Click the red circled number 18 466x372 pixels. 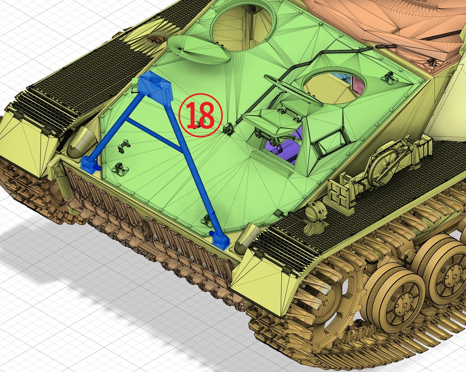(x=201, y=115)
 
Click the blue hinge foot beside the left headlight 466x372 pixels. (x=90, y=165)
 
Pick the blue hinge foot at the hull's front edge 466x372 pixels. (x=220, y=240)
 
